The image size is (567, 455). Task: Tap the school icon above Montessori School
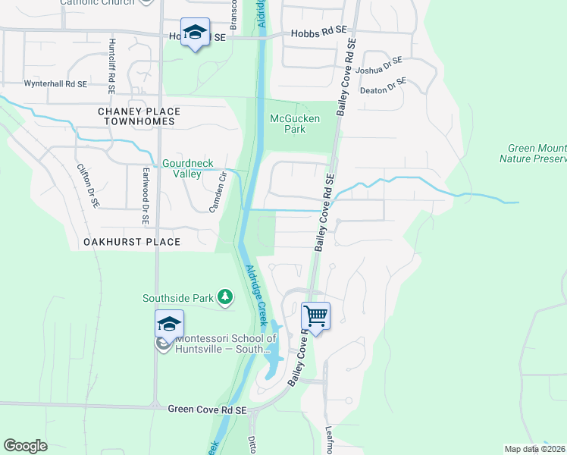(170, 324)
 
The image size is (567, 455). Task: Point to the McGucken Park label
(295, 124)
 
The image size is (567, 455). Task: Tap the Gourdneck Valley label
(182, 168)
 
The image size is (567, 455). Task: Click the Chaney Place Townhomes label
(136, 116)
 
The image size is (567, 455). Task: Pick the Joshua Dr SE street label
(382, 66)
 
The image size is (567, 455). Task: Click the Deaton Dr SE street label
(384, 86)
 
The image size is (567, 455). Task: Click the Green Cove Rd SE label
(208, 409)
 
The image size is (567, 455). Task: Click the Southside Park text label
(178, 298)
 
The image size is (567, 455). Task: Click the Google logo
(25, 446)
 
